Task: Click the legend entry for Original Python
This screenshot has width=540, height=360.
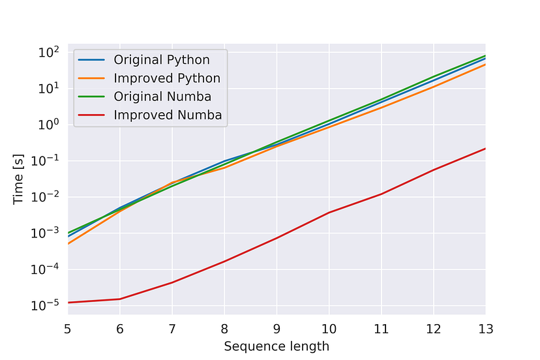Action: (162, 60)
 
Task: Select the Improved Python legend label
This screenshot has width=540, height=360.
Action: (167, 78)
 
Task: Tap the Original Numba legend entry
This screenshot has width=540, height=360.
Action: (162, 97)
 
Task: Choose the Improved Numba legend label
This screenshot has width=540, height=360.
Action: (168, 115)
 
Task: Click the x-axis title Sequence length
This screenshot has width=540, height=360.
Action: (277, 346)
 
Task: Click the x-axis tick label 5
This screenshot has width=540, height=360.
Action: (68, 328)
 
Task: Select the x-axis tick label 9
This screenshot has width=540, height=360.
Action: (277, 328)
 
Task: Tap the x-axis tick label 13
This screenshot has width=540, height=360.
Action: (485, 328)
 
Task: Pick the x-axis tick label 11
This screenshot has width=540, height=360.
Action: (381, 328)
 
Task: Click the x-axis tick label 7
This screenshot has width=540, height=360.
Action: (172, 328)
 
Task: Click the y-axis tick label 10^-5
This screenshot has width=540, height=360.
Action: (48, 305)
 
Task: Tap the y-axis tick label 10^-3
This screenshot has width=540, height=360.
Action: (48, 233)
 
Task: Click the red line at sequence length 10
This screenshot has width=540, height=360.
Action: (329, 213)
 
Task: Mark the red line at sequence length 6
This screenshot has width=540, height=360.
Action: (120, 299)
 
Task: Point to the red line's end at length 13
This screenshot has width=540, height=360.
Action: (485, 149)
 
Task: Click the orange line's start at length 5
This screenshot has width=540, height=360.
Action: (68, 243)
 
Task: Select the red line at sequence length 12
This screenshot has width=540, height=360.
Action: (433, 170)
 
